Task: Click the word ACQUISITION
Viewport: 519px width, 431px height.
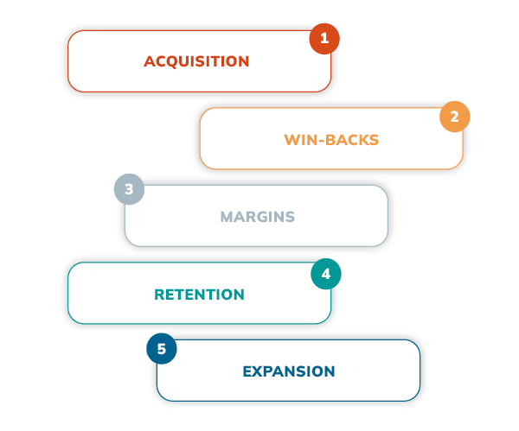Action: [196, 61]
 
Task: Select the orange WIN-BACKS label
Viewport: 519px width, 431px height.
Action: [331, 139]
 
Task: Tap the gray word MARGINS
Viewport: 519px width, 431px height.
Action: [257, 216]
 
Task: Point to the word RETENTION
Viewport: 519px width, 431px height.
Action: [199, 295]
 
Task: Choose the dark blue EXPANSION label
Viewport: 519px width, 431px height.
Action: [288, 371]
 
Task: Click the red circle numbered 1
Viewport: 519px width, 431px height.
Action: [324, 39]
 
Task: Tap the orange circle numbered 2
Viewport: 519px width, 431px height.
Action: [454, 116]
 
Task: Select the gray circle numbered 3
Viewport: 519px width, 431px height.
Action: [129, 190]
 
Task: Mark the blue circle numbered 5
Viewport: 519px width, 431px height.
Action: [161, 350]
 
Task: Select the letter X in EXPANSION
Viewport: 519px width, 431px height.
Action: [258, 371]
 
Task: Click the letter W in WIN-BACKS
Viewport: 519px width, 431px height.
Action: [292, 139]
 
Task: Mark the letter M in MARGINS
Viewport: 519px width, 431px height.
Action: [227, 216]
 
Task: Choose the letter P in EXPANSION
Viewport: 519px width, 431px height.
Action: [268, 371]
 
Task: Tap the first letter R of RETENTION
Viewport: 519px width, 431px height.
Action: [159, 295]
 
